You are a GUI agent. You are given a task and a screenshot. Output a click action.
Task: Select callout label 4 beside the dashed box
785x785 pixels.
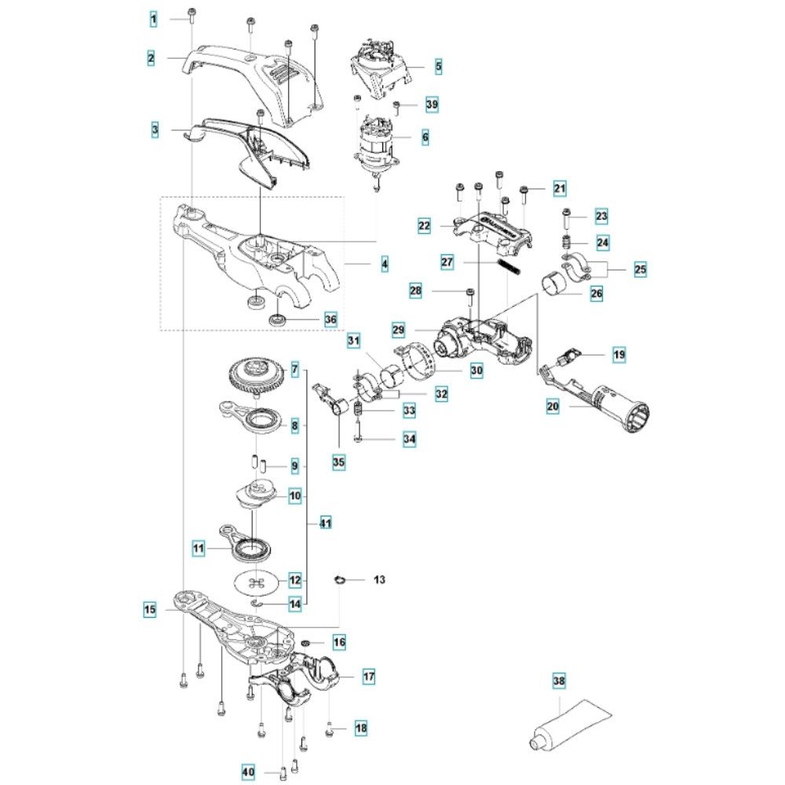[x=385, y=265]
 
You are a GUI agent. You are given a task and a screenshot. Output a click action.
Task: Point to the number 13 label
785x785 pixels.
[x=379, y=580]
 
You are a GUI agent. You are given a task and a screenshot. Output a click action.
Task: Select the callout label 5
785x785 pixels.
[x=438, y=67]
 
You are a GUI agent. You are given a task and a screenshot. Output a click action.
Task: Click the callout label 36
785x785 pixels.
[x=330, y=319]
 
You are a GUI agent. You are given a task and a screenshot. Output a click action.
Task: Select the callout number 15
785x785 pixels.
[x=149, y=608]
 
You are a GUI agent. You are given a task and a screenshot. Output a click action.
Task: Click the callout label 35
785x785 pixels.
[x=338, y=462]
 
